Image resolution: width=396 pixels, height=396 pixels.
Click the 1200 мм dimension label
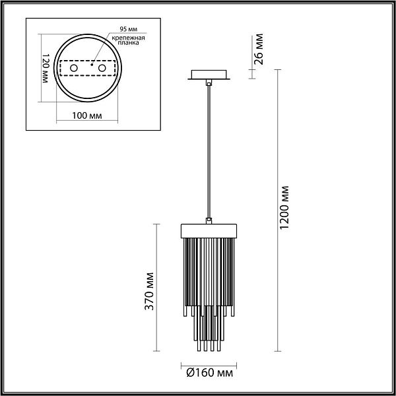coord(284,208)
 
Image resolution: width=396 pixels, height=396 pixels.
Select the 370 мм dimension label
coord(149,291)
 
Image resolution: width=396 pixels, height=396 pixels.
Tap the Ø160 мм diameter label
coord(209,373)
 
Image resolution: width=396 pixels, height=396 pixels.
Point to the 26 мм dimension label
coord(258,49)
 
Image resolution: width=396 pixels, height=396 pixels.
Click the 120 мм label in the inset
coord(45,68)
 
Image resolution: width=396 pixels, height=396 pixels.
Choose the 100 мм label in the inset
coord(87,116)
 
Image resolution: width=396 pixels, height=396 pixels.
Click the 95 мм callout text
coord(129,29)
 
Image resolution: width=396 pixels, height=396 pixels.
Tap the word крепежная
coord(128,38)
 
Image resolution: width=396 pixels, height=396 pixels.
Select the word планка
coord(128,43)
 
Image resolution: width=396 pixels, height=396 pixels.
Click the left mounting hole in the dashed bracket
coord(74,68)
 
